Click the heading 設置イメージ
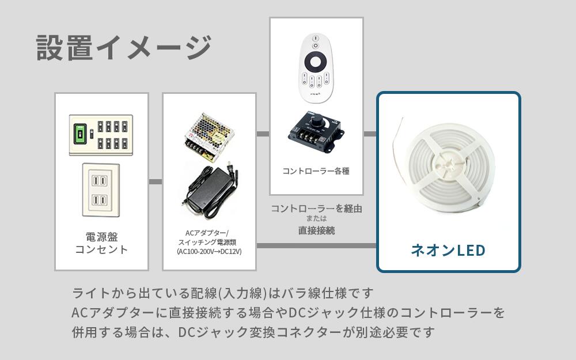124,48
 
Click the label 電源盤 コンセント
101,243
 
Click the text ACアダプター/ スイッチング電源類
209,238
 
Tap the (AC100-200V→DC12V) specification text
209,252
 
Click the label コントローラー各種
316,171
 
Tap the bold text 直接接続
316,230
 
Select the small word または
316,219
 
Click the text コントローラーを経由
316,209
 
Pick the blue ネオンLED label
448,251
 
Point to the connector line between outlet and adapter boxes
156,182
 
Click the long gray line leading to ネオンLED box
316,246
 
